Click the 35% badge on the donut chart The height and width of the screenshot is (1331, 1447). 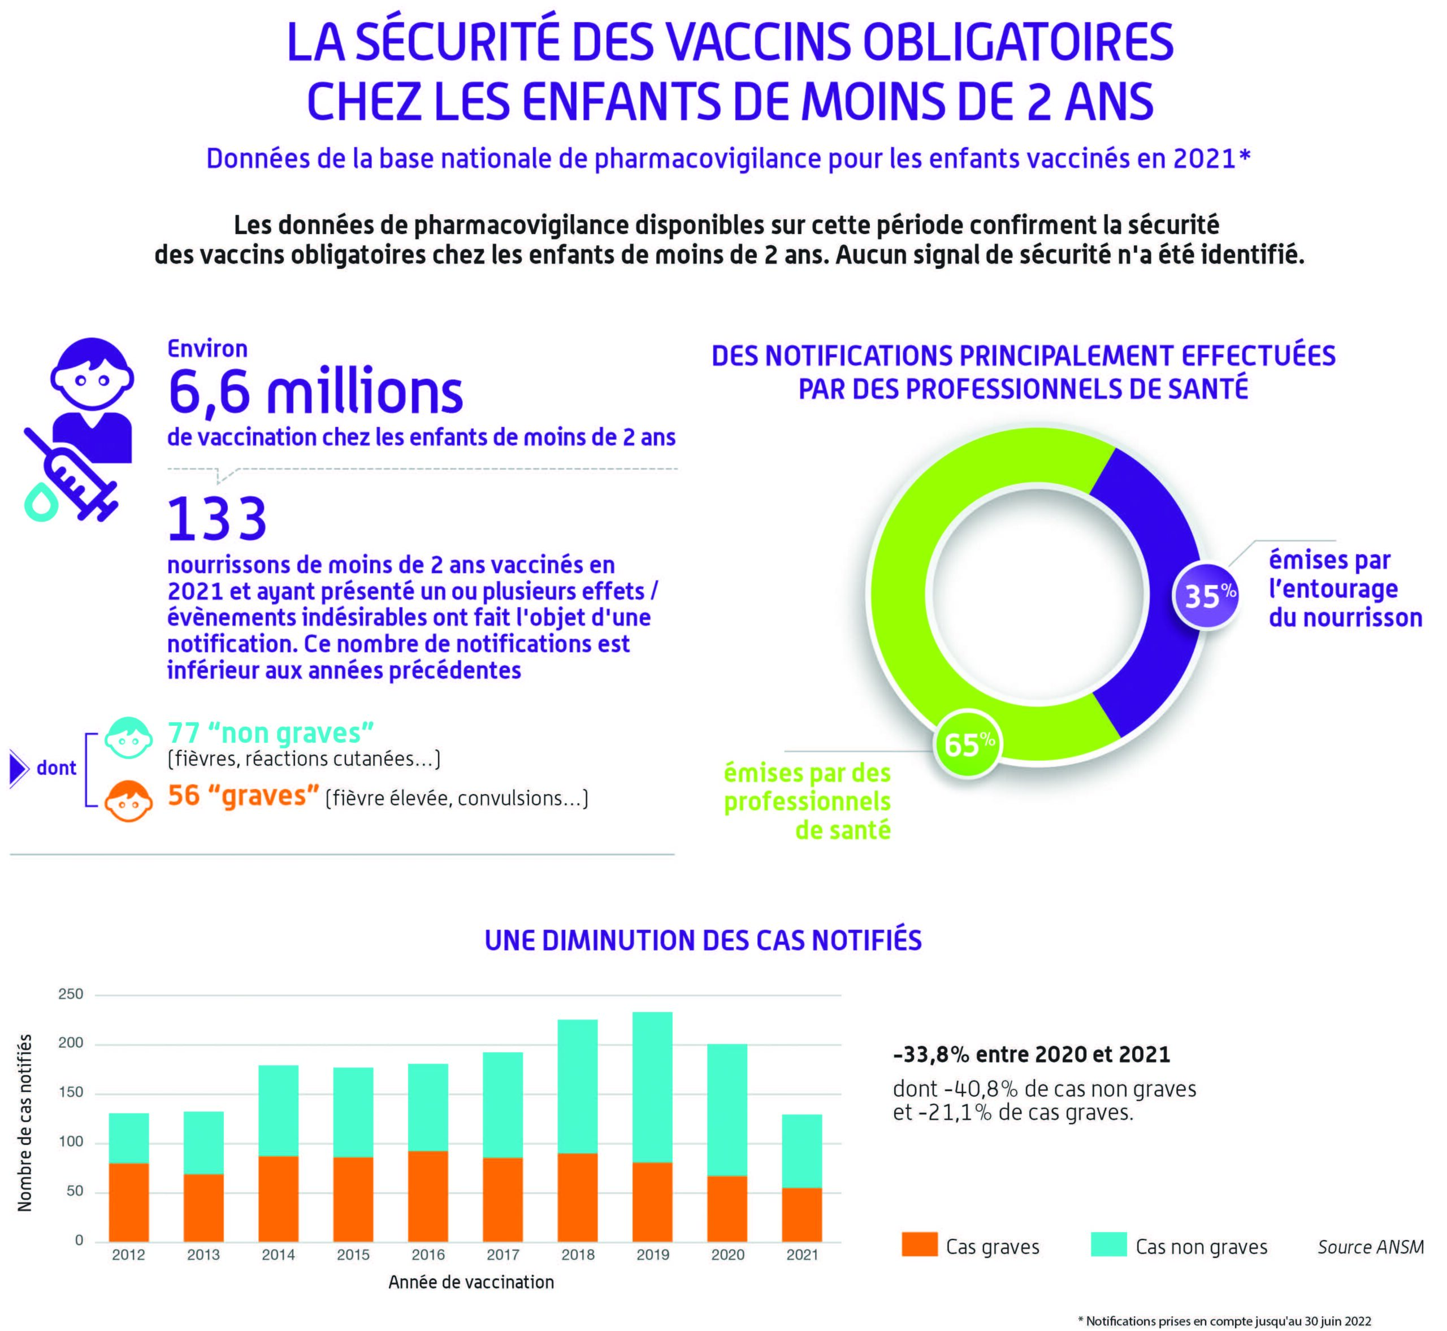pyautogui.click(x=1205, y=596)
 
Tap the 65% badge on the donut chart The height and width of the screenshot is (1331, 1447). pyautogui.click(x=967, y=744)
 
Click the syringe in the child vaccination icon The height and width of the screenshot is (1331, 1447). pyautogui.click(x=72, y=475)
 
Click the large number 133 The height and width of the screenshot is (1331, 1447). pyautogui.click(x=217, y=519)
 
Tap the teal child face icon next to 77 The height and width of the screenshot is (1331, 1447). pyautogui.click(x=129, y=738)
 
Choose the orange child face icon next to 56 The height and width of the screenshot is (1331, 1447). pyautogui.click(x=129, y=800)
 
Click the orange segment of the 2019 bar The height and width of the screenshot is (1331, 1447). pyautogui.click(x=652, y=1202)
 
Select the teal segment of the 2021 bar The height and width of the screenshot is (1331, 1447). pyautogui.click(x=802, y=1151)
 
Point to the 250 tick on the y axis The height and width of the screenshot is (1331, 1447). pyautogui.click(x=71, y=994)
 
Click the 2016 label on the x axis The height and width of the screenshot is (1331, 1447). pyautogui.click(x=428, y=1255)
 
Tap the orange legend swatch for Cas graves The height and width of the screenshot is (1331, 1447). pyautogui.click(x=920, y=1245)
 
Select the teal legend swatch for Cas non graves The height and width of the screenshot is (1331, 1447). pyautogui.click(x=1108, y=1245)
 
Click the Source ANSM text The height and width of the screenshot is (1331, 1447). pyautogui.click(x=1370, y=1247)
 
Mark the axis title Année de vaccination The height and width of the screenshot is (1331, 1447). pyautogui.click(x=471, y=1282)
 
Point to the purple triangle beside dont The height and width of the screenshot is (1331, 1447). pyautogui.click(x=18, y=768)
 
